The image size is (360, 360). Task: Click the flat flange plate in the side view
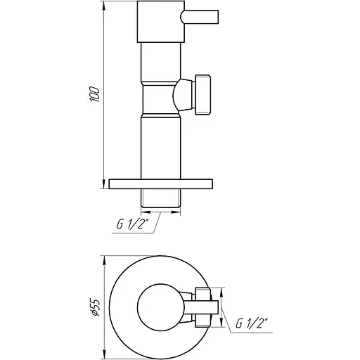161,184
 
